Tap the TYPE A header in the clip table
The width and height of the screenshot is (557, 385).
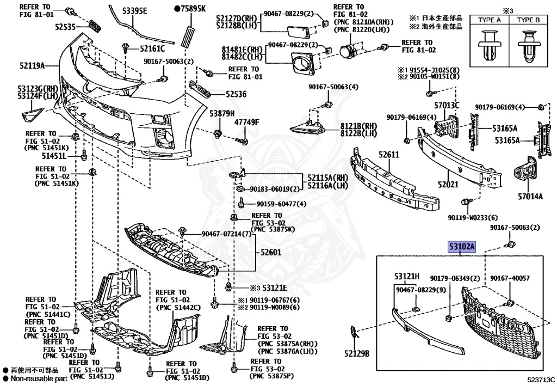point(489,20)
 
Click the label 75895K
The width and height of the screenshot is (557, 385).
point(190,9)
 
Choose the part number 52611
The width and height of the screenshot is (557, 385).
point(389,155)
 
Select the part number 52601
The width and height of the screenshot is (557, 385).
point(270,253)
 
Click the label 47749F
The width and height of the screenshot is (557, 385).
point(247,122)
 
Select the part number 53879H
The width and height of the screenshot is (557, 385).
point(221,113)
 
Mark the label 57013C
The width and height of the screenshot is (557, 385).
point(447,105)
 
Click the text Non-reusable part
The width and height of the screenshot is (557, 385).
point(36,378)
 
